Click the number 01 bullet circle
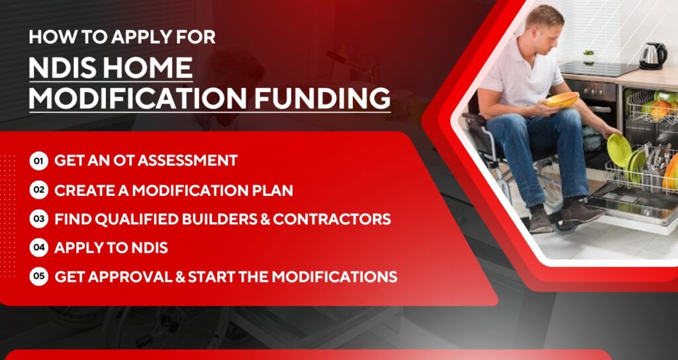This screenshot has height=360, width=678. pos(39,160)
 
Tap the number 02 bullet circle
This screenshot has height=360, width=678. pos(39,190)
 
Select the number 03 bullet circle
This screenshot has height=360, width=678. pos(39,218)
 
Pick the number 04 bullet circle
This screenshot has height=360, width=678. pos(39,247)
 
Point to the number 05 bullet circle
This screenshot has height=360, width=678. pos(39,277)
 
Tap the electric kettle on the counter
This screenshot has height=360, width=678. pos(652,55)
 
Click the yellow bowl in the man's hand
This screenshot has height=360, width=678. pos(561,100)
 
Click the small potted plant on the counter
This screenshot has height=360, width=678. pos(589,57)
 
